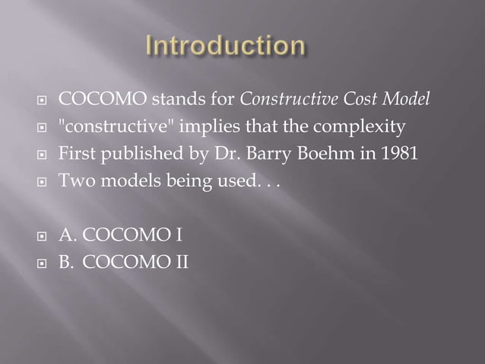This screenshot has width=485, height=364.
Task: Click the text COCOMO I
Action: click(126, 234)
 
